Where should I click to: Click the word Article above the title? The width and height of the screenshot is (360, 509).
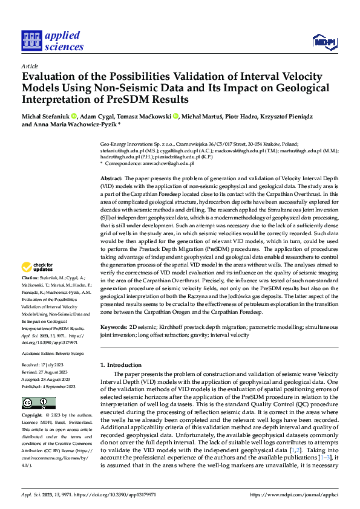coord(30,66)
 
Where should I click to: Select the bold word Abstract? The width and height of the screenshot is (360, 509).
coord(111,179)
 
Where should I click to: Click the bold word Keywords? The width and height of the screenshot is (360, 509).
coord(113,327)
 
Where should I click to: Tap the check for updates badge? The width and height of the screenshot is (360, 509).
coord(39,267)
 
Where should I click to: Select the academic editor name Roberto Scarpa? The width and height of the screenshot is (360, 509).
coord(68,353)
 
